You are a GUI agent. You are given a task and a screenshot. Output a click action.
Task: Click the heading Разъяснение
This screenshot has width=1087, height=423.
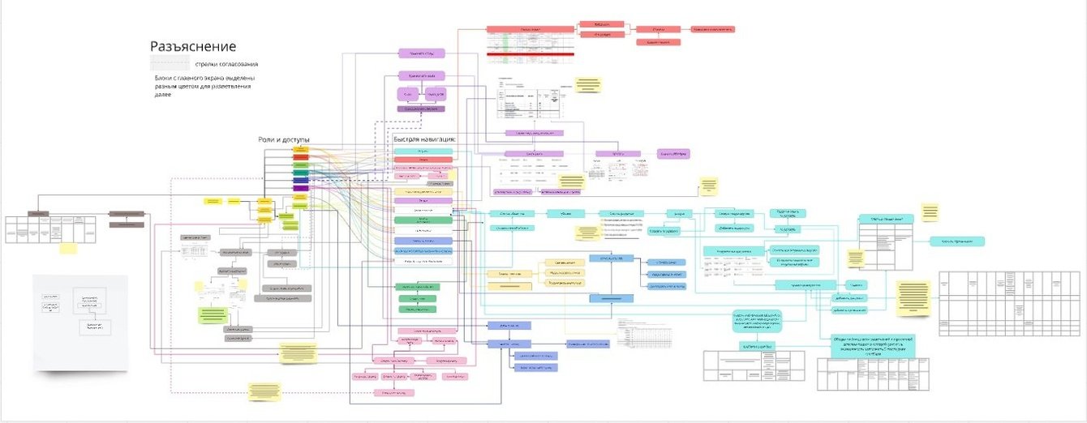[x=193, y=47]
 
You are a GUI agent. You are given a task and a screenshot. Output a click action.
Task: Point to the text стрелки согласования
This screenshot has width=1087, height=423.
[x=226, y=63]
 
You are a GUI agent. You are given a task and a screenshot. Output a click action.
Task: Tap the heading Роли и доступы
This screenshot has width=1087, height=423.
[x=284, y=139]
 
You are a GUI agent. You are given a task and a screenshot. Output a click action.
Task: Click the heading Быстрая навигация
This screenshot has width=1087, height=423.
[x=424, y=139]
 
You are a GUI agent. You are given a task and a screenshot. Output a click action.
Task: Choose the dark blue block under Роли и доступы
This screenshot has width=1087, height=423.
[x=300, y=180]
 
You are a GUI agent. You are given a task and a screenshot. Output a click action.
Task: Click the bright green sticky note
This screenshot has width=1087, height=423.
[x=212, y=314]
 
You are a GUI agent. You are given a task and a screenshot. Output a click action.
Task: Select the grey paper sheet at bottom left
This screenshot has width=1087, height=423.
[x=80, y=322]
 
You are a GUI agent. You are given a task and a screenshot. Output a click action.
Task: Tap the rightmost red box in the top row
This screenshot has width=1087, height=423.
[x=713, y=29]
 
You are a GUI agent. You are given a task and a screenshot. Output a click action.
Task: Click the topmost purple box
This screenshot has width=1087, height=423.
[x=422, y=53]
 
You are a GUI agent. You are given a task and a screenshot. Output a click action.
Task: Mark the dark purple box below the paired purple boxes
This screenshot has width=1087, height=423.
[x=422, y=109]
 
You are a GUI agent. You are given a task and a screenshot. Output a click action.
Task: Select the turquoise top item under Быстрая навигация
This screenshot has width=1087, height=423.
[x=423, y=152]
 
